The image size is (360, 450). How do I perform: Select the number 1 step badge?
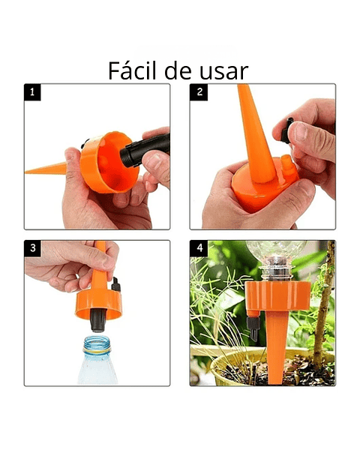coord(33,93)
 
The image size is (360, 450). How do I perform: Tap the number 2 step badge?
coord(199,93)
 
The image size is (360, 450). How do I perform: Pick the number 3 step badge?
coord(33,248)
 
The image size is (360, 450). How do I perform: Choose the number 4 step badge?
coord(199,248)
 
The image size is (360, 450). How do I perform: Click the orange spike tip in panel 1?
coord(34,170)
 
